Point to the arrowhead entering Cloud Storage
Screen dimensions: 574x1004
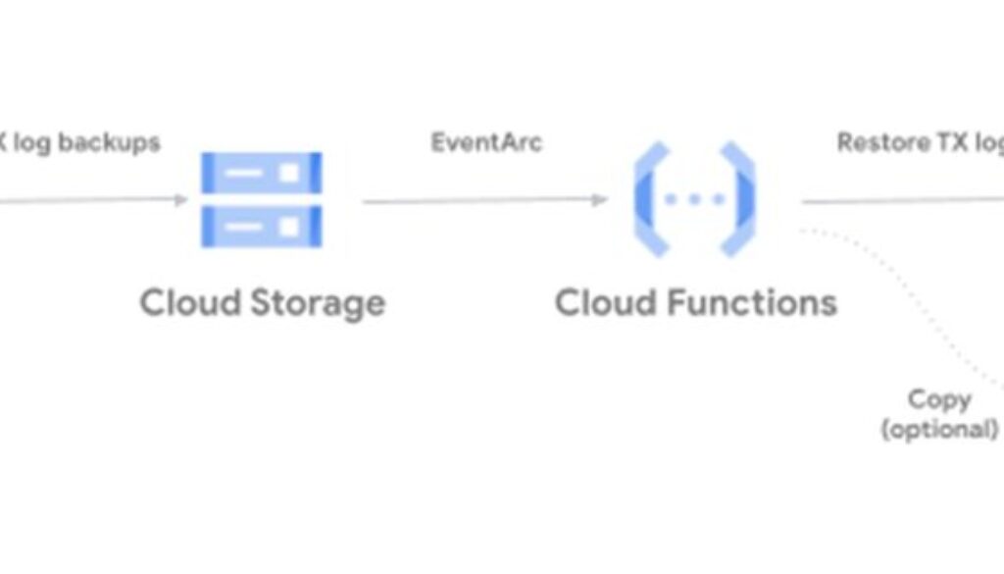click(x=181, y=200)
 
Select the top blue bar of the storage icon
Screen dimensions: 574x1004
click(x=261, y=173)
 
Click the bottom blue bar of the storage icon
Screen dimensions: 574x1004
click(x=261, y=227)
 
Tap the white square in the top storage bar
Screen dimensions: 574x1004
click(x=288, y=173)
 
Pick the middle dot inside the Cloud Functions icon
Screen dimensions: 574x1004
click(x=694, y=199)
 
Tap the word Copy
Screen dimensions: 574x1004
click(x=939, y=399)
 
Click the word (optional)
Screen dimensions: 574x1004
click(x=939, y=429)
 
